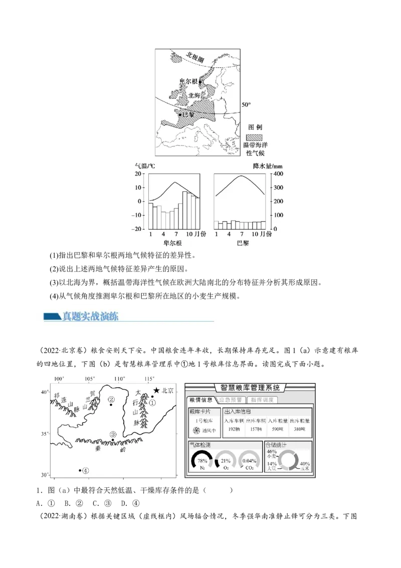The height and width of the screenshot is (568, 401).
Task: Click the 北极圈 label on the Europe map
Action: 194,57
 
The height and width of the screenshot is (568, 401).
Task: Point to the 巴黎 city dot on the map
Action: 180,115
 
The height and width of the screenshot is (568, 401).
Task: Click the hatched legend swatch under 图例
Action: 257,136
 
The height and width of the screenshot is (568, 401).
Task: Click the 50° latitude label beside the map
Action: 246,105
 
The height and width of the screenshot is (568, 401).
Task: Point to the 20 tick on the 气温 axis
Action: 138,174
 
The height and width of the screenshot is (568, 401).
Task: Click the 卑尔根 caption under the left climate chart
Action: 172,243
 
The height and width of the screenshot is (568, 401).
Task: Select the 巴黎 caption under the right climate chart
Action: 242,243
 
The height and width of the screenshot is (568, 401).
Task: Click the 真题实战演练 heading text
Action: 90,316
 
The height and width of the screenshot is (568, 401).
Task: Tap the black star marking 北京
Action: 156,390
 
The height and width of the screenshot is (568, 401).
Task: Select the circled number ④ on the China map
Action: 86,471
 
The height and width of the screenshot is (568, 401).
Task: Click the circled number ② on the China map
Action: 111,399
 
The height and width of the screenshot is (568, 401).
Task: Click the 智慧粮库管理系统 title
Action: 250,387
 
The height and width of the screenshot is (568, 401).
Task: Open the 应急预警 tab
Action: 231,400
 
